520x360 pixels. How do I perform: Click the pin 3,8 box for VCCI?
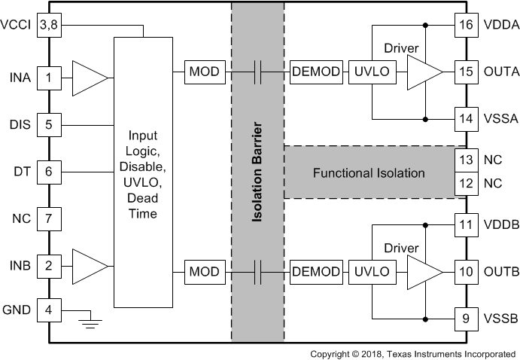point(49,25)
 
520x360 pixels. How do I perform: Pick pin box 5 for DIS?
point(49,124)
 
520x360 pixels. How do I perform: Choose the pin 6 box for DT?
point(49,172)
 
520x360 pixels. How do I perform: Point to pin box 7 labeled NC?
point(49,219)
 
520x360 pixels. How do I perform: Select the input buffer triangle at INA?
point(90,77)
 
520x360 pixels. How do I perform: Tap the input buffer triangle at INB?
point(90,267)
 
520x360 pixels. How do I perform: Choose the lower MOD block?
point(204,270)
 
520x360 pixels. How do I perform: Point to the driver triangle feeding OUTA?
point(423,72)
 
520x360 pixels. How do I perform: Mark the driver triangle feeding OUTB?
point(423,270)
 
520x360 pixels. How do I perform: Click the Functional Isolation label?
point(369,173)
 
